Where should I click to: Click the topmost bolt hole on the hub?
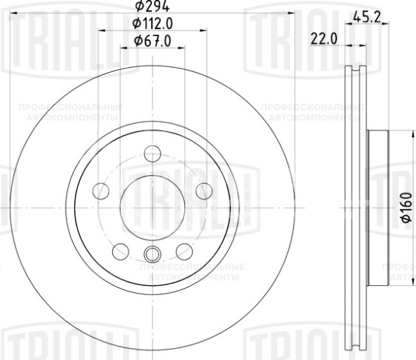click(x=153, y=153)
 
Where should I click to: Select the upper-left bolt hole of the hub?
click(x=101, y=191)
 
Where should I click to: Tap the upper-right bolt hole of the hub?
click(x=204, y=191)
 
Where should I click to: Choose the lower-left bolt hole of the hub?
click(x=121, y=251)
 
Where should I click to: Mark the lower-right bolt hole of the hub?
click(x=184, y=251)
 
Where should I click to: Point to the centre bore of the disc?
click(x=153, y=207)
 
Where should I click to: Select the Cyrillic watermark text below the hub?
click(x=191, y=272)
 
